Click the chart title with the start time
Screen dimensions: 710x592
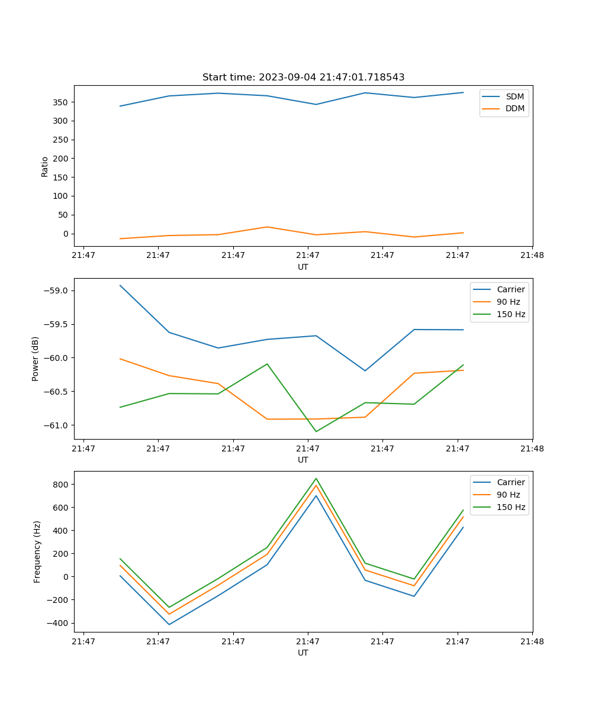pyautogui.click(x=303, y=78)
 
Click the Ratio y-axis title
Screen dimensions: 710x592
pyautogui.click(x=45, y=166)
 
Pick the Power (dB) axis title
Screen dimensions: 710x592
pyautogui.click(x=36, y=359)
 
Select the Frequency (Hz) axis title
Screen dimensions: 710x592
pyautogui.click(x=37, y=551)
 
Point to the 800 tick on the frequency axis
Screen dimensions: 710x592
pyautogui.click(x=61, y=485)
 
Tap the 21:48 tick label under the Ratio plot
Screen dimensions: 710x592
pyautogui.click(x=532, y=256)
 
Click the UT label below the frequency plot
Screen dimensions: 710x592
pyautogui.click(x=303, y=653)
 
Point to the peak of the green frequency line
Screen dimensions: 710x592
pyautogui.click(x=316, y=479)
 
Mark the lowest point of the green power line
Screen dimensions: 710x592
pyautogui.click(x=316, y=431)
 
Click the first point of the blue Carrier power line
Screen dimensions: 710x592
pyautogui.click(x=120, y=285)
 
